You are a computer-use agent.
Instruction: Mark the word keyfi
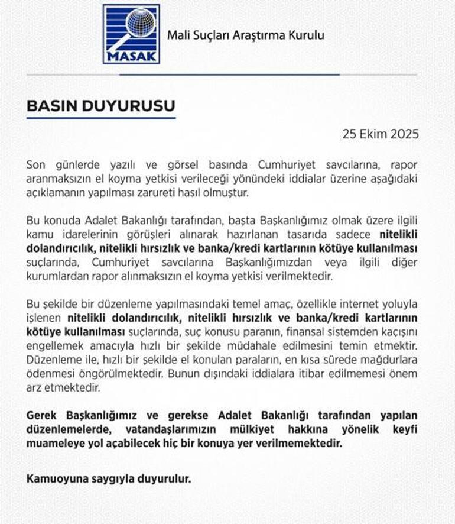(x=405, y=429)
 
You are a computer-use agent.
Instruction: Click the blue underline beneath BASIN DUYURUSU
(x=101, y=118)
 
